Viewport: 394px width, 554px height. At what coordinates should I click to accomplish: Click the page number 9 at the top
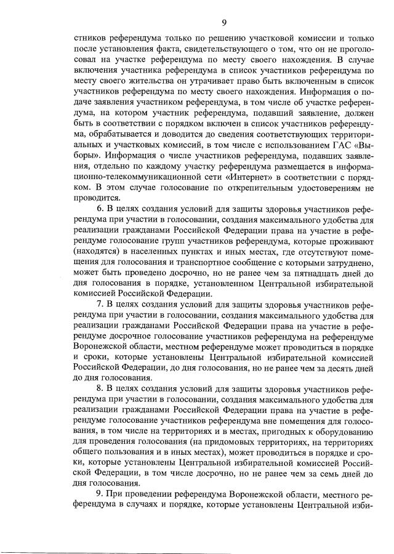coord(224,23)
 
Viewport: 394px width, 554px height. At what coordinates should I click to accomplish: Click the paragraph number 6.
coord(101,209)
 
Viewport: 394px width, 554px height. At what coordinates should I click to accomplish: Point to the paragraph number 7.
coord(101,304)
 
